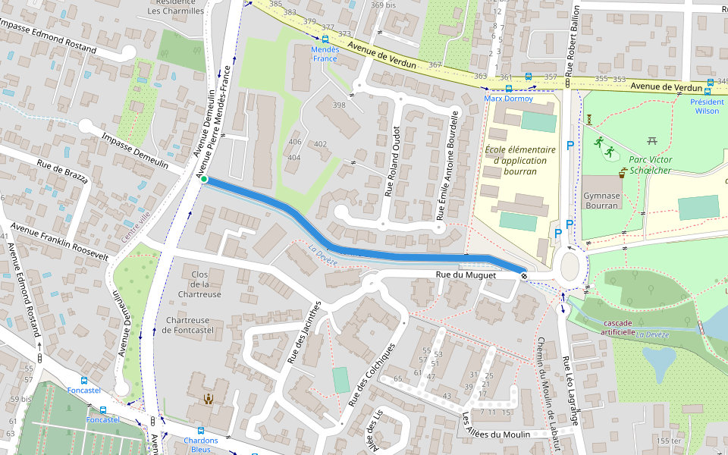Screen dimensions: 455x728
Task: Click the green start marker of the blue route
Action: [203, 179]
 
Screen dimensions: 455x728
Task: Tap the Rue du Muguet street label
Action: [465, 275]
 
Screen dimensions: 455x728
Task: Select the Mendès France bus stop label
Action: [325, 54]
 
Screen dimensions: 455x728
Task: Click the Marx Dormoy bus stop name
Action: [508, 99]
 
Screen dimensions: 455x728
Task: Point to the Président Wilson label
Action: [707, 106]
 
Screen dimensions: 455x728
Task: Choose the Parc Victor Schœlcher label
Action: [651, 165]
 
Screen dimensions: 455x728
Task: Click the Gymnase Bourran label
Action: [602, 201]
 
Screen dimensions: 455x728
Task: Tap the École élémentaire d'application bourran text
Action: [520, 160]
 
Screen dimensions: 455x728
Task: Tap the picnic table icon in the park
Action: [651, 140]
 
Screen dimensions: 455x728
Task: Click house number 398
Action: [339, 105]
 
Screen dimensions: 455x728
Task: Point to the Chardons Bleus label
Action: [200, 444]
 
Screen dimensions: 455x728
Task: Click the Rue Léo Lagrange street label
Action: [570, 391]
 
